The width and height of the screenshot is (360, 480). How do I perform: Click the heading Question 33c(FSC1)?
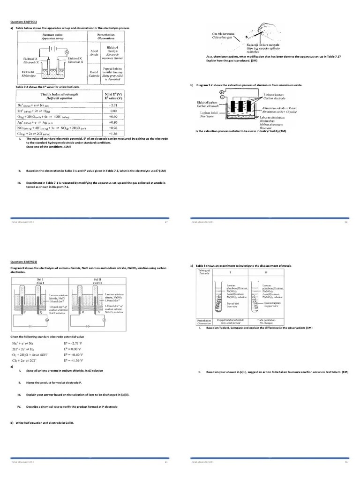24,22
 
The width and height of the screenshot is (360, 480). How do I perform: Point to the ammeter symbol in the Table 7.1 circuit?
67,52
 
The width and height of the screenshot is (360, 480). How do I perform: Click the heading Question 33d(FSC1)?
24,262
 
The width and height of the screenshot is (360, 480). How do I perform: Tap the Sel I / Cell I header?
40,281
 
